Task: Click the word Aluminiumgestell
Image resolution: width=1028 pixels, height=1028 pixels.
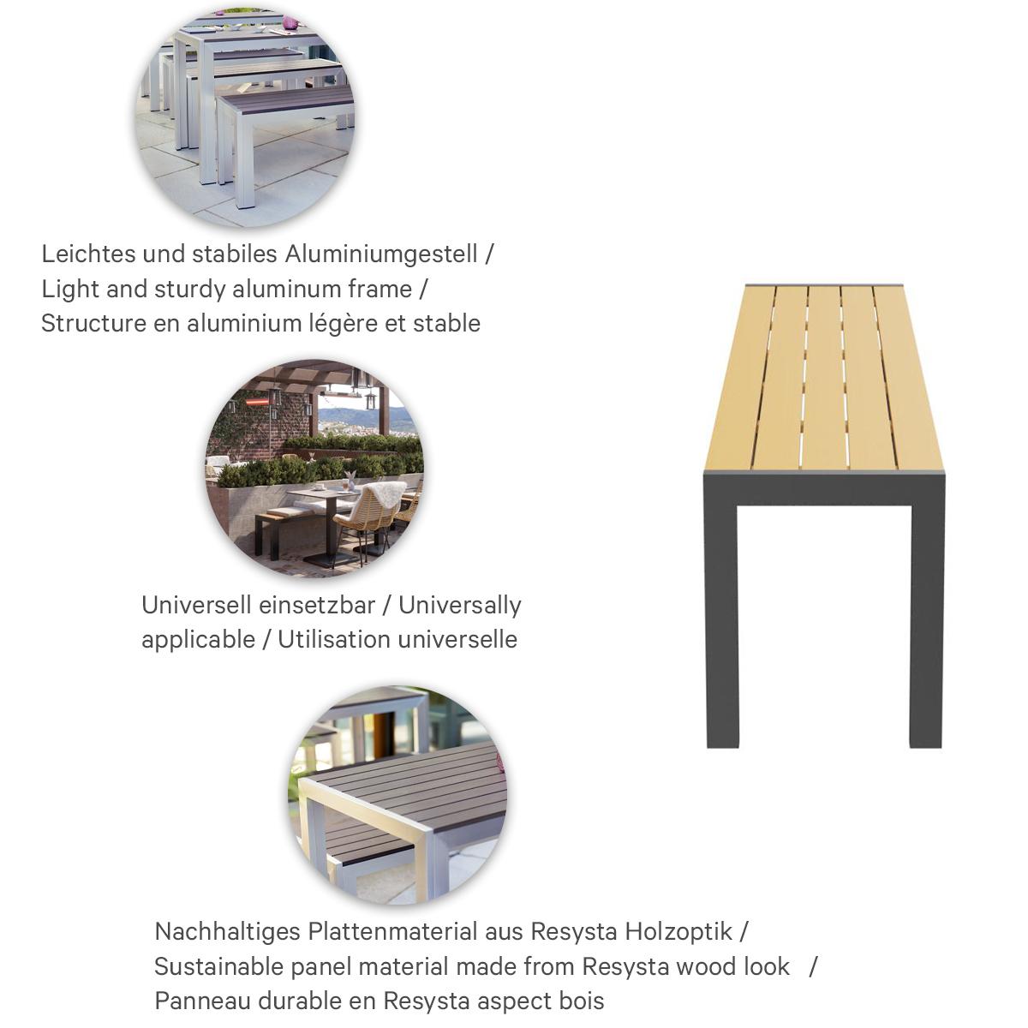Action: [x=381, y=254]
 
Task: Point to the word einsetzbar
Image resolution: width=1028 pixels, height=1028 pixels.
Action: [x=317, y=606]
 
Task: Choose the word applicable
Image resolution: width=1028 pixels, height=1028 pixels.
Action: [x=198, y=640]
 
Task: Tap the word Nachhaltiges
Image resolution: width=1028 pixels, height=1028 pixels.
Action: [x=227, y=931]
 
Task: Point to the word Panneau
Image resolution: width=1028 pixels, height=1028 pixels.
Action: [x=198, y=1001]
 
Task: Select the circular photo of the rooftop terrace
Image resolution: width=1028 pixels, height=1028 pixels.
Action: [x=314, y=468]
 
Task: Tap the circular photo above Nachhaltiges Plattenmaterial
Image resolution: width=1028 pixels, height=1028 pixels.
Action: [x=397, y=795]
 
